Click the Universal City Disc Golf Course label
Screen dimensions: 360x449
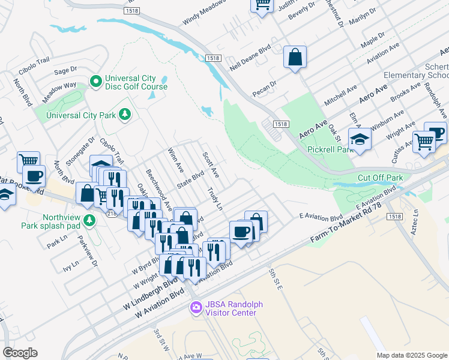point(136,83)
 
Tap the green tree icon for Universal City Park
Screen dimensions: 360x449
point(125,114)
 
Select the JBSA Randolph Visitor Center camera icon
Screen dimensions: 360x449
point(196,308)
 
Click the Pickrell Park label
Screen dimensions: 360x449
point(324,149)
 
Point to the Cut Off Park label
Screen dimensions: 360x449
point(380,178)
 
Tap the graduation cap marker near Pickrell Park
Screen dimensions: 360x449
point(360,139)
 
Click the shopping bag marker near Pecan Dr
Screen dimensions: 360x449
point(295,58)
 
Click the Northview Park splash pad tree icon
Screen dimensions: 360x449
point(89,221)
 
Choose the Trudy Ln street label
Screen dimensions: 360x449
point(214,198)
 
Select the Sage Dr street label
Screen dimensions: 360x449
point(66,70)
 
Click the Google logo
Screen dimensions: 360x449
point(20,353)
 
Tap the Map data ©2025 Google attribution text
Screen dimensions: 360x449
point(411,355)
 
